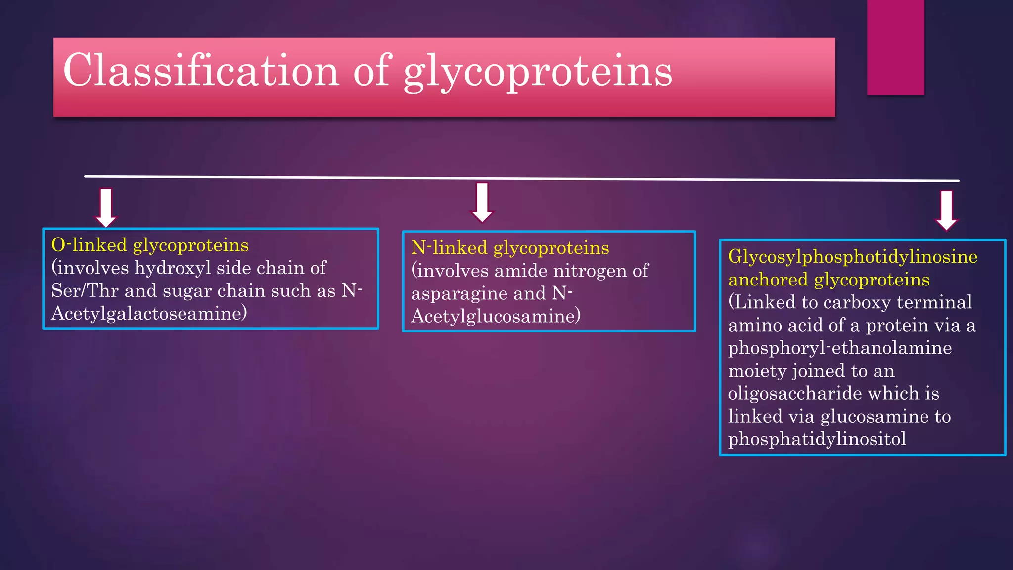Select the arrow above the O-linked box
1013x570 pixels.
coord(106,207)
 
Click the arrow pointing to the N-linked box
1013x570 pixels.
coord(482,202)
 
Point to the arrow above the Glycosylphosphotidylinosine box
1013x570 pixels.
coord(946,210)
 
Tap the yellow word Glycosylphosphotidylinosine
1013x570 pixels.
coord(853,257)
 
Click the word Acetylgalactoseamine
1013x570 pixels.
coord(148,313)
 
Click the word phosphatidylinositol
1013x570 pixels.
coord(817,439)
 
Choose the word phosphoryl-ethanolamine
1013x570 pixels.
coord(839,348)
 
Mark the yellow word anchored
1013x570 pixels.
coord(768,280)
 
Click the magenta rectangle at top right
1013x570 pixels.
coord(895,47)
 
